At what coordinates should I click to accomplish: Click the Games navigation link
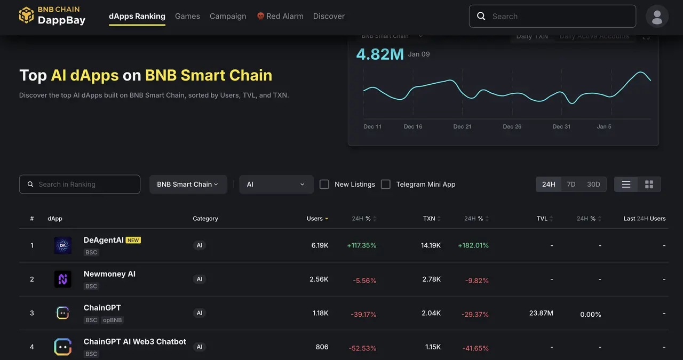pos(187,16)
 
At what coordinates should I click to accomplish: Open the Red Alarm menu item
pos(280,16)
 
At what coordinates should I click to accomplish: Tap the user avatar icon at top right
pos(657,17)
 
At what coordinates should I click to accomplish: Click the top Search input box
pos(552,16)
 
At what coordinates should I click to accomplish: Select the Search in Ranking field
pos(80,184)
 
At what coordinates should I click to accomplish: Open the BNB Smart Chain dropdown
pos(188,184)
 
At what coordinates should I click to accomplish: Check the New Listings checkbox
pos(324,184)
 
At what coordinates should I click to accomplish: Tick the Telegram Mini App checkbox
pos(386,184)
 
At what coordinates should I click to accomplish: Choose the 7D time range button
pos(571,184)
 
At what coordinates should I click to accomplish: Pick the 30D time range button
pos(593,184)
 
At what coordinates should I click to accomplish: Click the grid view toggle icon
pos(649,184)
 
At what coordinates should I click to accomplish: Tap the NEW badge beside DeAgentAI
pos(133,241)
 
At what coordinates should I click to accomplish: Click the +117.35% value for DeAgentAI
pos(361,246)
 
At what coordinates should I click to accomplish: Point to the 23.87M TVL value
pos(541,313)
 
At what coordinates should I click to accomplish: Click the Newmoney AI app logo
pos(63,279)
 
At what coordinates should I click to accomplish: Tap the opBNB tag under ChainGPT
pos(113,320)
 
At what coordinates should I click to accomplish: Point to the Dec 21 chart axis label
pos(462,126)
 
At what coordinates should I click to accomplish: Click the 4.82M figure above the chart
pos(380,54)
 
